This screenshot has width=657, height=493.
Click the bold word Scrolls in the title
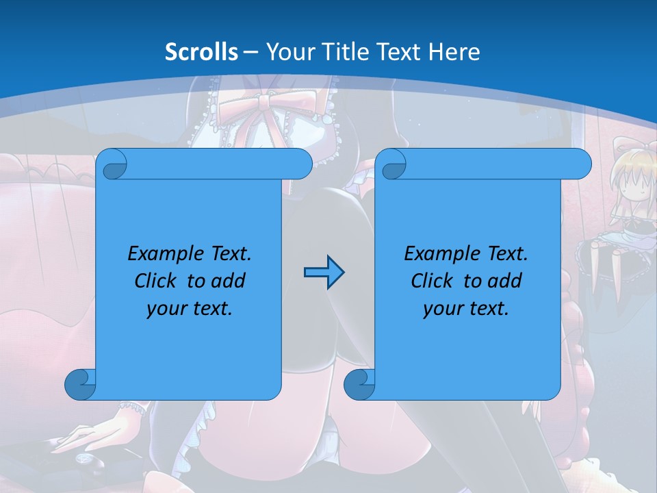pos(201,52)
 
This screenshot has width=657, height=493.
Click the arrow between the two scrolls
pos(324,273)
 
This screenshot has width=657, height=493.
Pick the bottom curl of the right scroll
pos(360,385)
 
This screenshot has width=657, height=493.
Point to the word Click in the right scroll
pos(431,281)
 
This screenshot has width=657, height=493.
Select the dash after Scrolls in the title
pos(250,52)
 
